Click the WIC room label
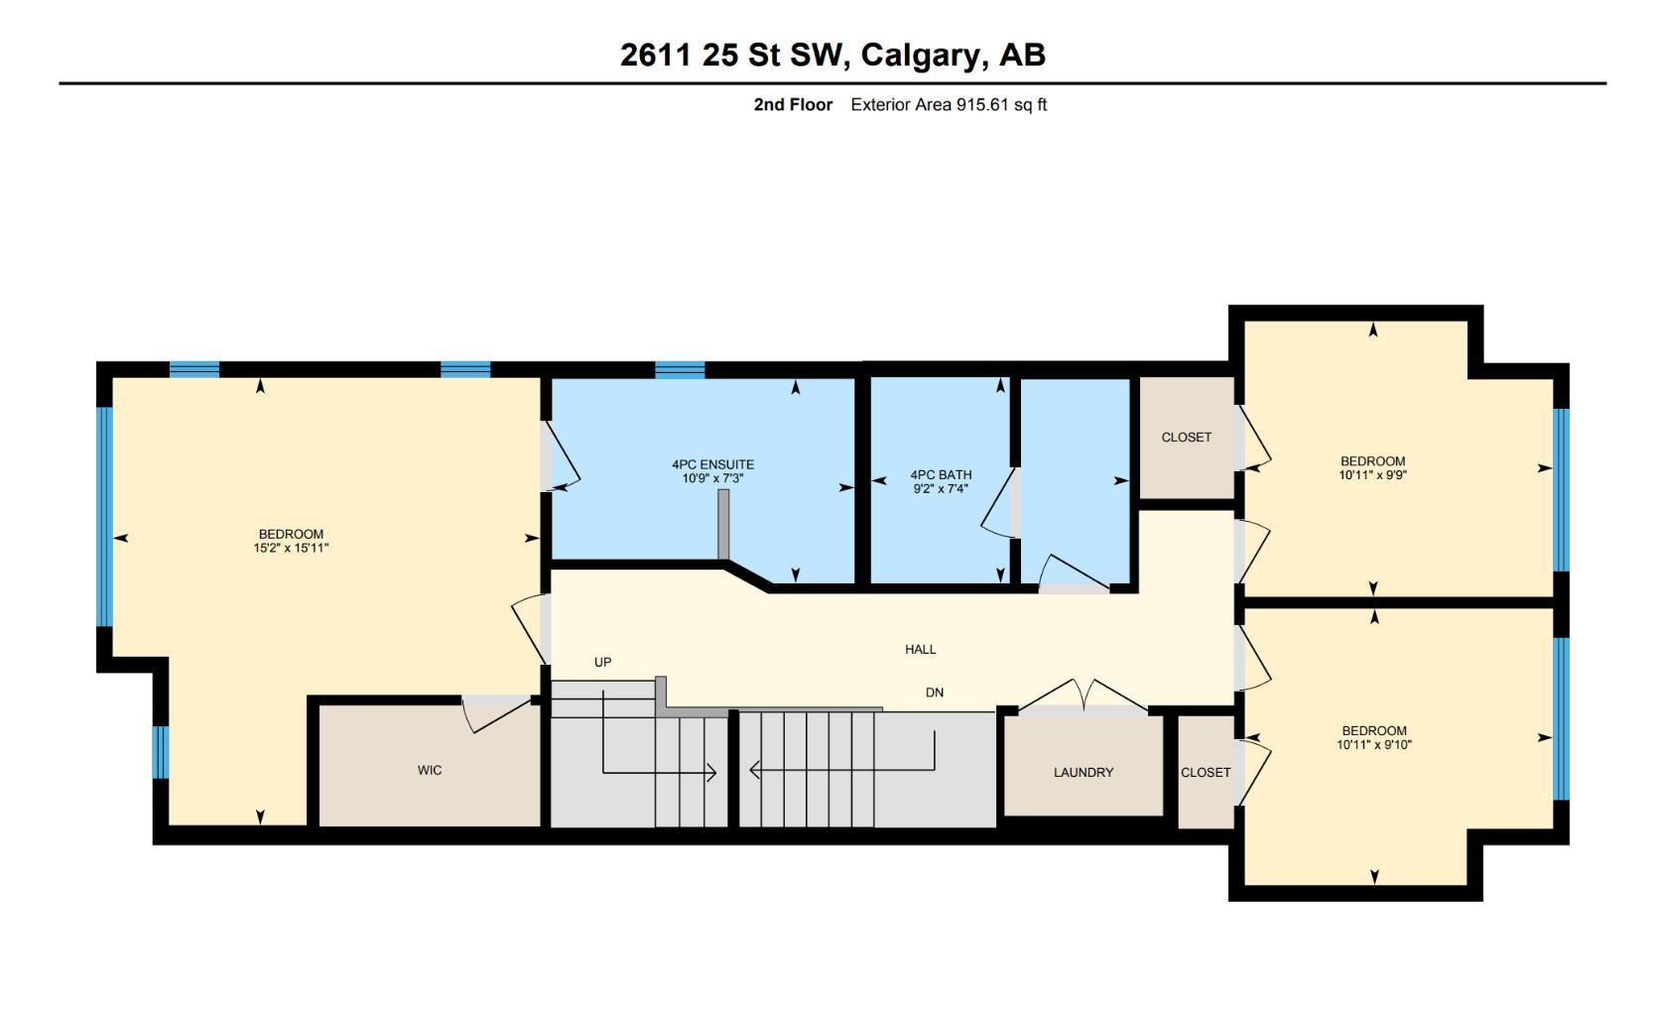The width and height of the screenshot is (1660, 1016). point(430,770)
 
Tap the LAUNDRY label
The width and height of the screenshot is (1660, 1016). point(1084,772)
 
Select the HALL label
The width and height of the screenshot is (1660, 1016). point(920,649)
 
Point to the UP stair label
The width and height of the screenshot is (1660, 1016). point(602,662)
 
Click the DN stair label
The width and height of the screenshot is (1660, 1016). point(934,693)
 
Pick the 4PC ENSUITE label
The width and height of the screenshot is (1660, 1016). point(712,464)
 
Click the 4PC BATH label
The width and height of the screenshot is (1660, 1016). point(941,475)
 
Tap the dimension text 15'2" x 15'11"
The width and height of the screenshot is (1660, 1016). point(291,548)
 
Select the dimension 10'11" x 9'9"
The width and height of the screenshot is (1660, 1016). point(1373,474)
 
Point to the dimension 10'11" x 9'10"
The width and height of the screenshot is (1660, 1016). point(1373,744)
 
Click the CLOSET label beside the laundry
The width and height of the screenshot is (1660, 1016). point(1206,772)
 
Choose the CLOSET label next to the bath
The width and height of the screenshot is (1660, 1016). point(1186,437)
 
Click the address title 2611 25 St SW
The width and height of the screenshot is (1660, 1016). point(733,55)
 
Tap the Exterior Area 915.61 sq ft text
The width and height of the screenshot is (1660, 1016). point(949,104)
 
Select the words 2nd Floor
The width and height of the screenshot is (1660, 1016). point(793,104)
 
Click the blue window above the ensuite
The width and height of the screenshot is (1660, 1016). point(680,370)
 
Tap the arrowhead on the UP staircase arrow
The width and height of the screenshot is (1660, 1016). point(711,773)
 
